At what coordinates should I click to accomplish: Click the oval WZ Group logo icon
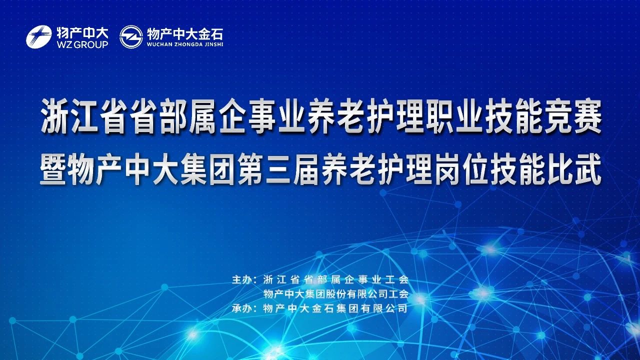(39, 36)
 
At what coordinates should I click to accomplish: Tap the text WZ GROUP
(82, 44)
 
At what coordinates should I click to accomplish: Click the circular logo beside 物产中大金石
(131, 36)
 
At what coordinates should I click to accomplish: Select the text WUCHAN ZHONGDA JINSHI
(185, 44)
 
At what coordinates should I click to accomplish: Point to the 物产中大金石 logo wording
(185, 34)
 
